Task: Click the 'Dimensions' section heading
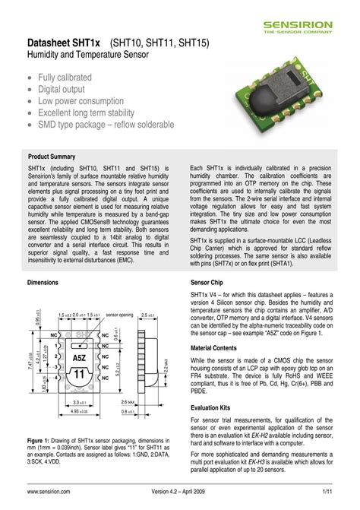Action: (x=43, y=282)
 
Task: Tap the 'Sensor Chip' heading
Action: (x=207, y=282)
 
